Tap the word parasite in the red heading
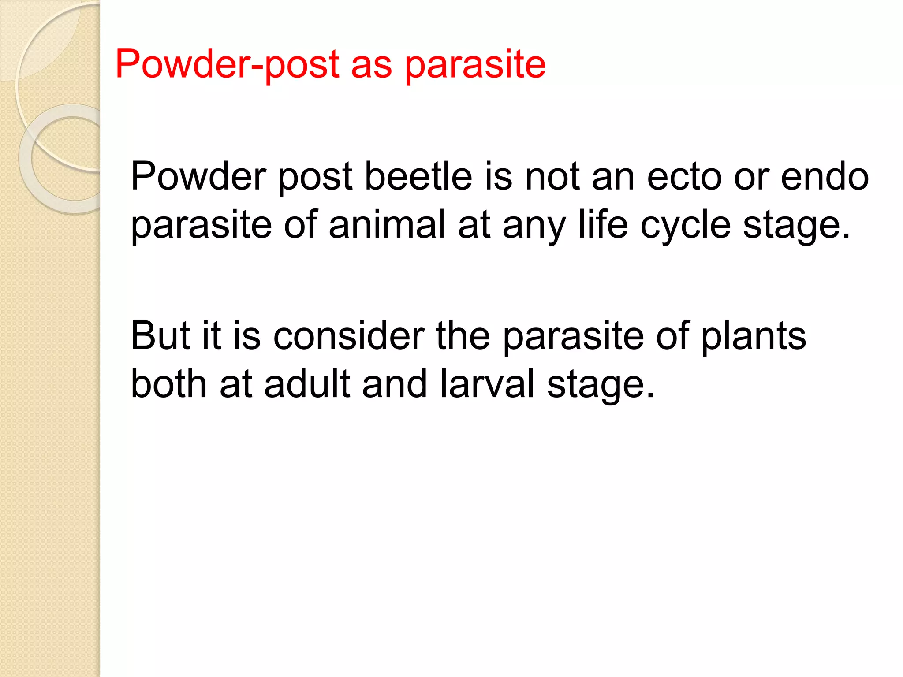(x=475, y=64)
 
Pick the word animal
(x=387, y=225)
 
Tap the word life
(x=603, y=225)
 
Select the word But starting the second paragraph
(x=160, y=336)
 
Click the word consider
(x=348, y=336)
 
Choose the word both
(x=169, y=384)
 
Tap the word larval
(x=487, y=384)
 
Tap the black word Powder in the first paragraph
(x=198, y=177)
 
